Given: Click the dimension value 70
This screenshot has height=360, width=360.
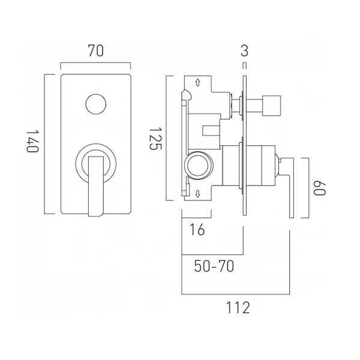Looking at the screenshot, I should (95, 51).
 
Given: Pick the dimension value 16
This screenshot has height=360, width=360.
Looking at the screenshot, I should (197, 229).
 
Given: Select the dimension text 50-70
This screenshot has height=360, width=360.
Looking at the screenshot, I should (214, 266).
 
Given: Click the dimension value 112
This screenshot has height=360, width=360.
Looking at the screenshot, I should (238, 308).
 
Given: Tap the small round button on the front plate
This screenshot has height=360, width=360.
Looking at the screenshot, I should (95, 104).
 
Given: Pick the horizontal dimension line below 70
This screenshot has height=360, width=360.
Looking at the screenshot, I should (95, 64).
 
